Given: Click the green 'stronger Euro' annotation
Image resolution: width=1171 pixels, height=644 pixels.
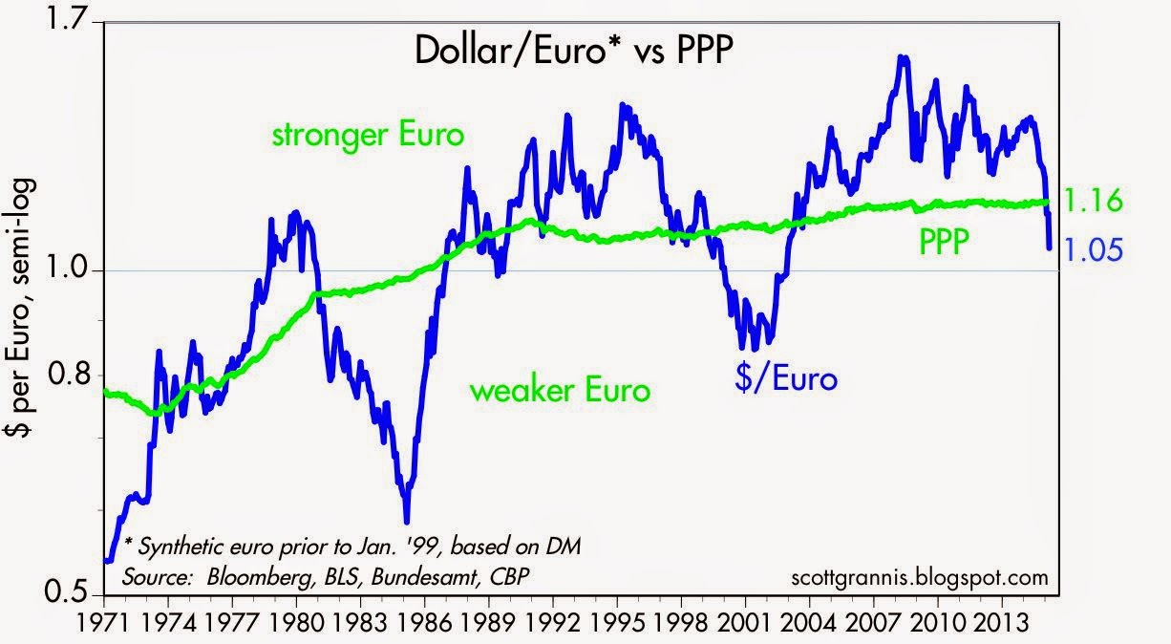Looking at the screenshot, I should (368, 135).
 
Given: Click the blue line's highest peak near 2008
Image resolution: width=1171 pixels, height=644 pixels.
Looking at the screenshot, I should (902, 57).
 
